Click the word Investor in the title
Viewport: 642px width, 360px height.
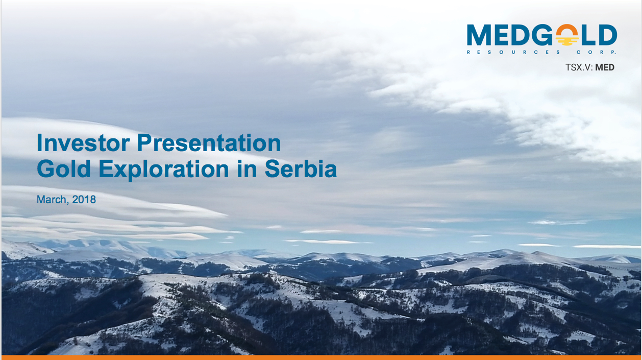point(83,143)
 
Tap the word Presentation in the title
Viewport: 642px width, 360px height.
point(209,143)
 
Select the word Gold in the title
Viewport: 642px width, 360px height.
point(64,169)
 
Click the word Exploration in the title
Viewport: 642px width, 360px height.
point(164,169)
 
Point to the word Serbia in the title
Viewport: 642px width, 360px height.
point(301,169)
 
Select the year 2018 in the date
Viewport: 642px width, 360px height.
point(84,200)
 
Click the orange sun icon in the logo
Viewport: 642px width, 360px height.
point(567,35)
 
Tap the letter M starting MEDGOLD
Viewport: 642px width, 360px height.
point(479,35)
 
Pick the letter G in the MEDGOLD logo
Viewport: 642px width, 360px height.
point(542,35)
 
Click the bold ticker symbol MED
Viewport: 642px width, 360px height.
point(605,67)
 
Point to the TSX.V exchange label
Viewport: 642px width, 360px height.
point(579,67)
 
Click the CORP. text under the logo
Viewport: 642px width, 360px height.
point(596,52)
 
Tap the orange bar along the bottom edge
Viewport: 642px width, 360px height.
point(321,358)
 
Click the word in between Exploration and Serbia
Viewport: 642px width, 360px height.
point(247,169)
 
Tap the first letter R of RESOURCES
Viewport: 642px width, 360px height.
point(468,52)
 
